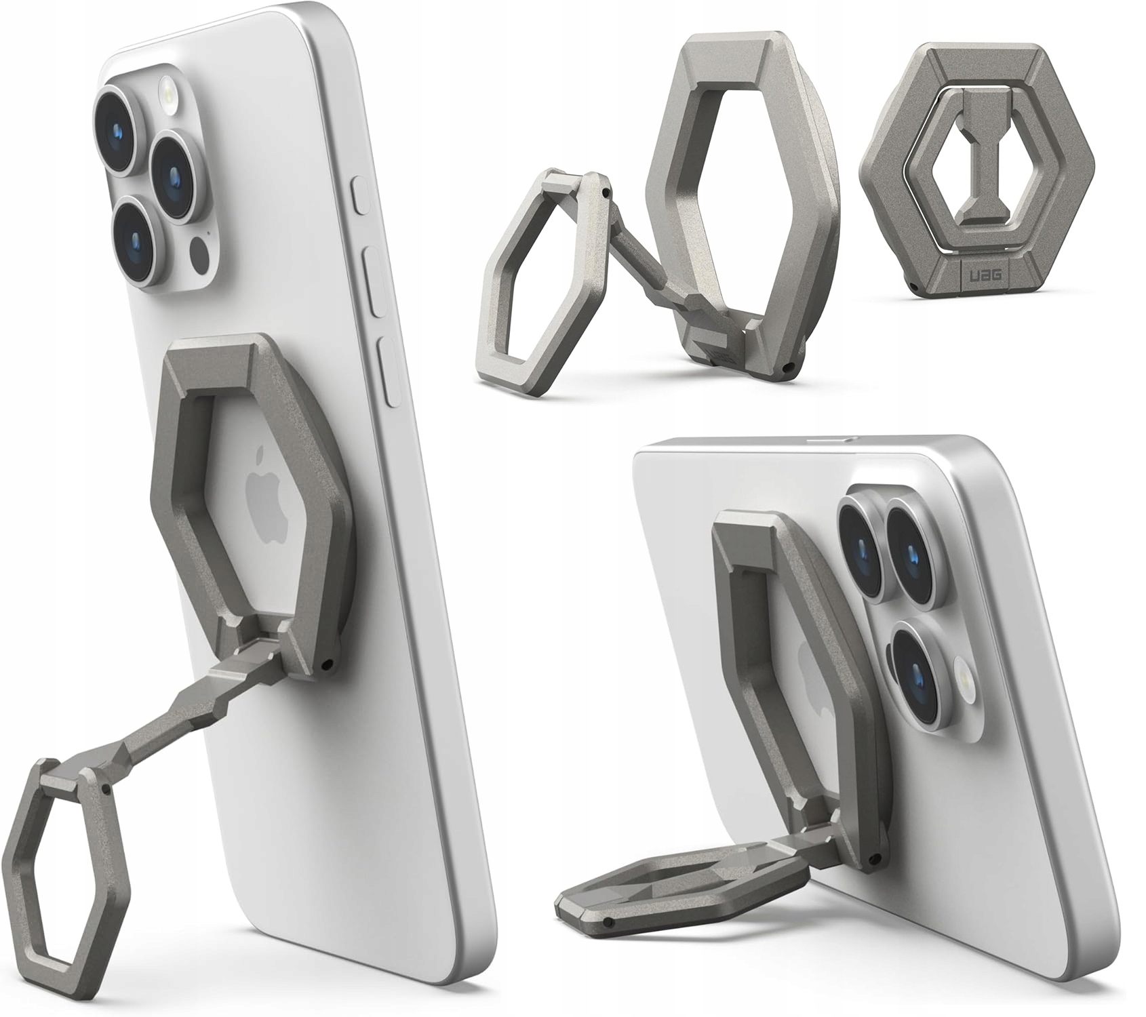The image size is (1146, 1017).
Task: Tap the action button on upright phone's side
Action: [x=360, y=195]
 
